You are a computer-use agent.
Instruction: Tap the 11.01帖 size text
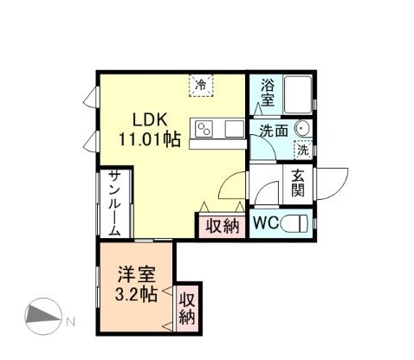[151, 138]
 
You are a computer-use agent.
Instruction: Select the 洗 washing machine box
[302, 150]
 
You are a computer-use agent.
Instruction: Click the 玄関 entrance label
[297, 182]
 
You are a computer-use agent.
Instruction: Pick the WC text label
[265, 222]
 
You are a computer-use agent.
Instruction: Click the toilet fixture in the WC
[294, 222]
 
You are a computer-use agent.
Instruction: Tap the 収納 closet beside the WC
[222, 226]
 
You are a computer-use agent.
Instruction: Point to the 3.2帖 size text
[137, 295]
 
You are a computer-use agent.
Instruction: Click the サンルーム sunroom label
[114, 204]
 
